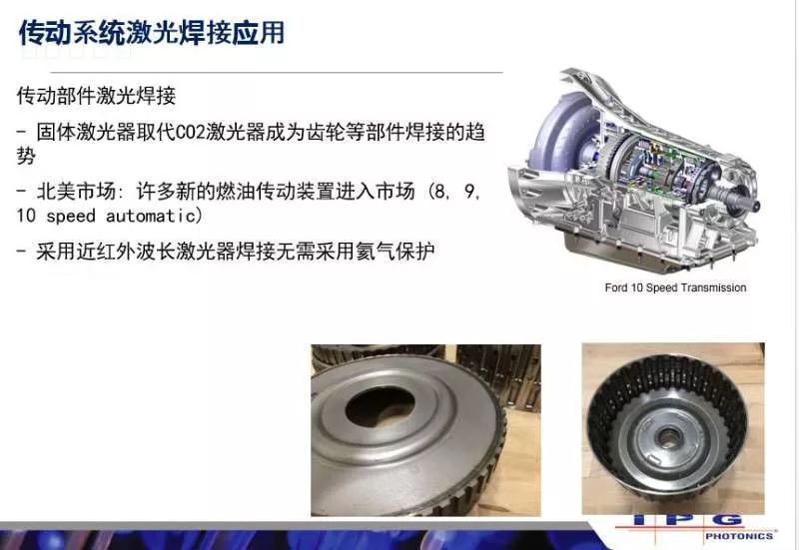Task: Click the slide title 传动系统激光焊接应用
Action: click(x=152, y=34)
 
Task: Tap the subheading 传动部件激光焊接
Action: click(x=96, y=95)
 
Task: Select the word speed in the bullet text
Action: click(x=71, y=216)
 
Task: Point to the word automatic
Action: click(x=151, y=216)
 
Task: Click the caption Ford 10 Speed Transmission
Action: click(x=675, y=287)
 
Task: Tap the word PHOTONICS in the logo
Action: click(x=739, y=536)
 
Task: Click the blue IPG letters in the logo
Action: click(x=688, y=520)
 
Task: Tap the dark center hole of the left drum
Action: click(x=380, y=408)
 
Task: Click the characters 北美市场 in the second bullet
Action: click(x=76, y=192)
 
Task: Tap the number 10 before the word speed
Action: click(x=26, y=216)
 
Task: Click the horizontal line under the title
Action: click(x=278, y=72)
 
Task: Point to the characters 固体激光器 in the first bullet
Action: click(x=86, y=133)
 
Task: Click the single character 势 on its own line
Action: click(x=26, y=156)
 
